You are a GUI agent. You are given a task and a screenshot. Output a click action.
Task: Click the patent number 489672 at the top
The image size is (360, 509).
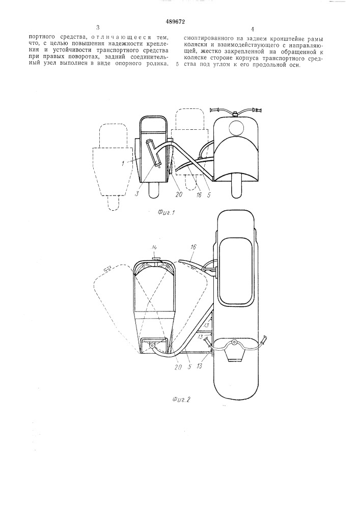(176, 22)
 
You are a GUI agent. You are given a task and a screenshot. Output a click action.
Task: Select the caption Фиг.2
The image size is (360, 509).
(180, 399)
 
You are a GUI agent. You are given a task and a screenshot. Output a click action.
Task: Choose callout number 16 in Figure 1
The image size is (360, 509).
(199, 194)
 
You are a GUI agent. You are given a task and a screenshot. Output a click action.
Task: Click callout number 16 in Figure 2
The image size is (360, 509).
(195, 247)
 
